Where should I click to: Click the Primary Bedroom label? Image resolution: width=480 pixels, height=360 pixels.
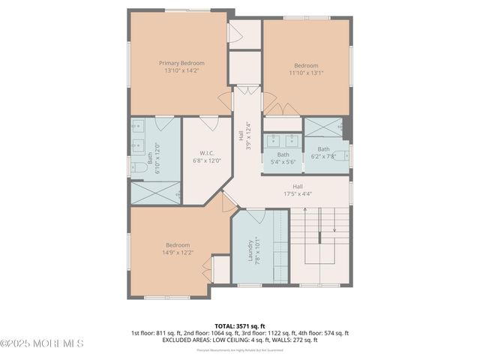(x=181, y=63)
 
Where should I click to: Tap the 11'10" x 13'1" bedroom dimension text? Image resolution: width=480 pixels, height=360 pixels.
(x=306, y=73)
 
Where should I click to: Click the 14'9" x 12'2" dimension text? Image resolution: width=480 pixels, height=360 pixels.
(x=178, y=253)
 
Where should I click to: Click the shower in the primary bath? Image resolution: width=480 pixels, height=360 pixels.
(x=155, y=193)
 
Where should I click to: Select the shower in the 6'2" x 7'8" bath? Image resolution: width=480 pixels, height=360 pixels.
(x=323, y=128)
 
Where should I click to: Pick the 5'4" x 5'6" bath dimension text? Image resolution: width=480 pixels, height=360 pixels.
(x=283, y=162)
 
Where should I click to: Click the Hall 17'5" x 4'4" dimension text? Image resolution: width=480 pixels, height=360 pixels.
(x=298, y=193)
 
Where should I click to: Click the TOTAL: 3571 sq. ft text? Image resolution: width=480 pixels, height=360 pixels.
(x=240, y=325)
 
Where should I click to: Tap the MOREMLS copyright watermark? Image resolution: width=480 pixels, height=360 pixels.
(x=42, y=343)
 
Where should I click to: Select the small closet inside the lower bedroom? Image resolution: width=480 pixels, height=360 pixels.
(x=220, y=269)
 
